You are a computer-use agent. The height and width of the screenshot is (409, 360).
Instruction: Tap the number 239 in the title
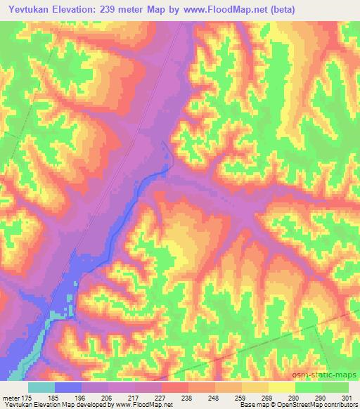[x=104, y=9]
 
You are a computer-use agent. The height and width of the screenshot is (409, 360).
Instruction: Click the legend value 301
[x=349, y=397]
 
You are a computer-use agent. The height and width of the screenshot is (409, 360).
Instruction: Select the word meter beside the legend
[x=11, y=397]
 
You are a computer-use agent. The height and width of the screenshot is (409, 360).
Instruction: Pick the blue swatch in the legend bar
[x=68, y=387]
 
